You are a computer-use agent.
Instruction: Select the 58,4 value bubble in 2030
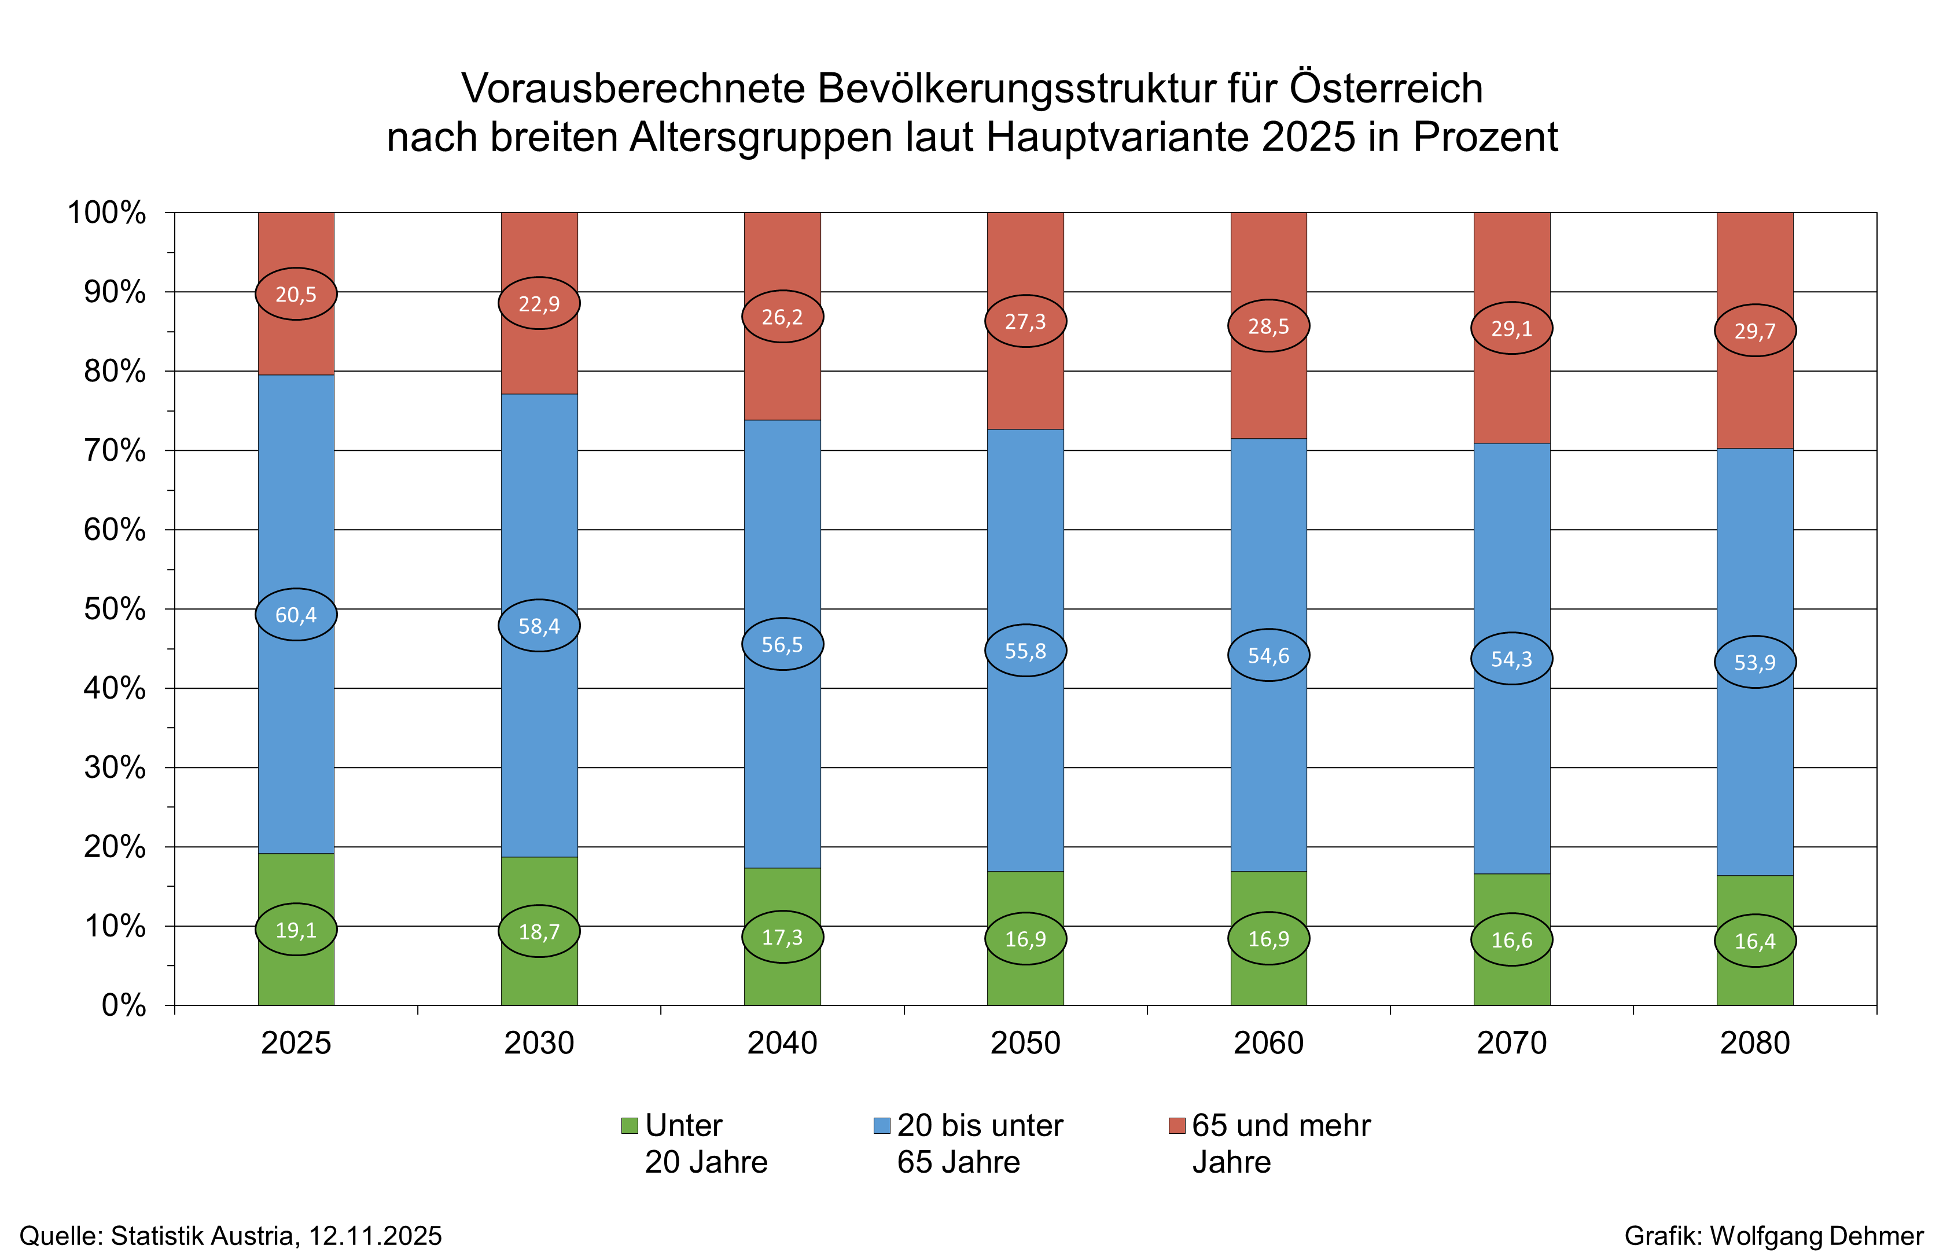point(539,626)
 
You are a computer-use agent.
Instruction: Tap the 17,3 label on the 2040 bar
point(782,937)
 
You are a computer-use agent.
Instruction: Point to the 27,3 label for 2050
point(1025,321)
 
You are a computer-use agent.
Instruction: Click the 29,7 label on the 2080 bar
point(1754,330)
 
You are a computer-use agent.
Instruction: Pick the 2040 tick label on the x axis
point(782,1043)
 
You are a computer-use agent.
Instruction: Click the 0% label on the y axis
point(124,1005)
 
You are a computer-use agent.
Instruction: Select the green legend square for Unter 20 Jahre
point(628,1126)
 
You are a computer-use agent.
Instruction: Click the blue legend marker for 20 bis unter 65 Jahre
point(881,1126)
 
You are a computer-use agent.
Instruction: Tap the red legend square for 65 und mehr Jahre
point(1176,1126)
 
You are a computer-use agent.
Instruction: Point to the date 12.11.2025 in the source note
point(375,1236)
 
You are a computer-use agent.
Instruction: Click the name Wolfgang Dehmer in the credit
point(1817,1236)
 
